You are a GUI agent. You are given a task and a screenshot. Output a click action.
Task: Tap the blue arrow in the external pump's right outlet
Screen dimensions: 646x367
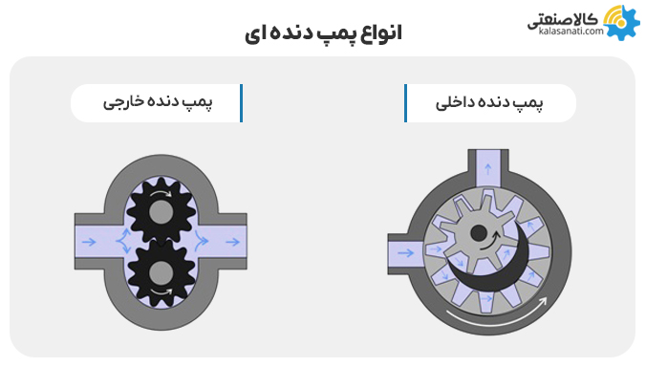click(x=227, y=243)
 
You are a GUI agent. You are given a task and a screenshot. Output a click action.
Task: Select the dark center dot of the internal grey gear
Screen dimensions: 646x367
click(x=478, y=237)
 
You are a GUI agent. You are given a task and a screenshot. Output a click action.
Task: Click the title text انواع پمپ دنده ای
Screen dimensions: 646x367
click(x=321, y=32)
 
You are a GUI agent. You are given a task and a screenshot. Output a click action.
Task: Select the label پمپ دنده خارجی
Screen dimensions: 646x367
click(x=157, y=103)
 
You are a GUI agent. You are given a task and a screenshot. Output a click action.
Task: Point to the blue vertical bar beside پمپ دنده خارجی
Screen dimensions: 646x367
click(x=241, y=103)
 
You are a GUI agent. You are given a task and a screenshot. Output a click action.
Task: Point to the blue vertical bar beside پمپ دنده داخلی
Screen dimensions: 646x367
click(x=406, y=103)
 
